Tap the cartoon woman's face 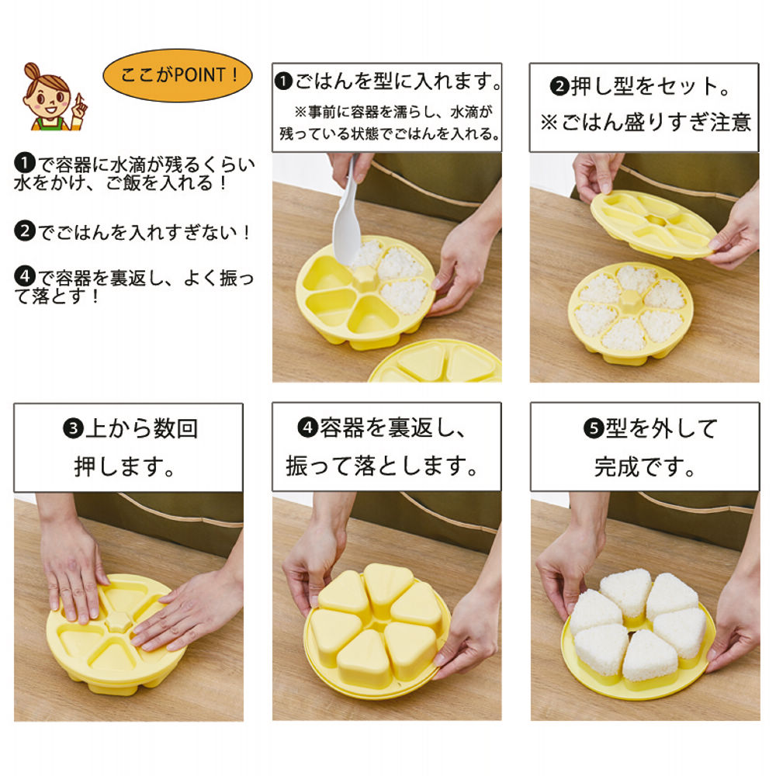(x=47, y=93)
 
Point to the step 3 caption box (x=128, y=447)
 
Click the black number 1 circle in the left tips (x=25, y=164)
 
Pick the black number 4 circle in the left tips (x=25, y=276)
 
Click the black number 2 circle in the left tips (x=25, y=230)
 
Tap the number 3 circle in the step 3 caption (x=74, y=428)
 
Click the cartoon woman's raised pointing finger (x=79, y=102)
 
